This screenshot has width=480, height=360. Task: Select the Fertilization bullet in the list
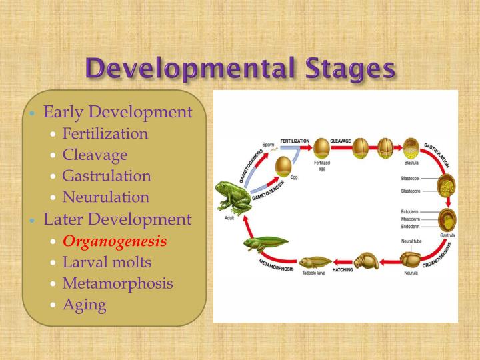coord(105,133)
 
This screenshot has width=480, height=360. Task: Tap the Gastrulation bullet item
coord(106,176)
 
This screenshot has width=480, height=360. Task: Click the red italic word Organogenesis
coord(115,240)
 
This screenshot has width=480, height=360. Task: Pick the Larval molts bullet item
coord(107,261)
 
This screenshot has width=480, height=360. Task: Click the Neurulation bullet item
coord(105,197)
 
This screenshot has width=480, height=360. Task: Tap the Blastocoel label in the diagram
coord(414,179)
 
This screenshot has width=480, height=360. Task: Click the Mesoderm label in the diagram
coord(412,218)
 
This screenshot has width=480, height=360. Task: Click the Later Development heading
coord(117,219)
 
